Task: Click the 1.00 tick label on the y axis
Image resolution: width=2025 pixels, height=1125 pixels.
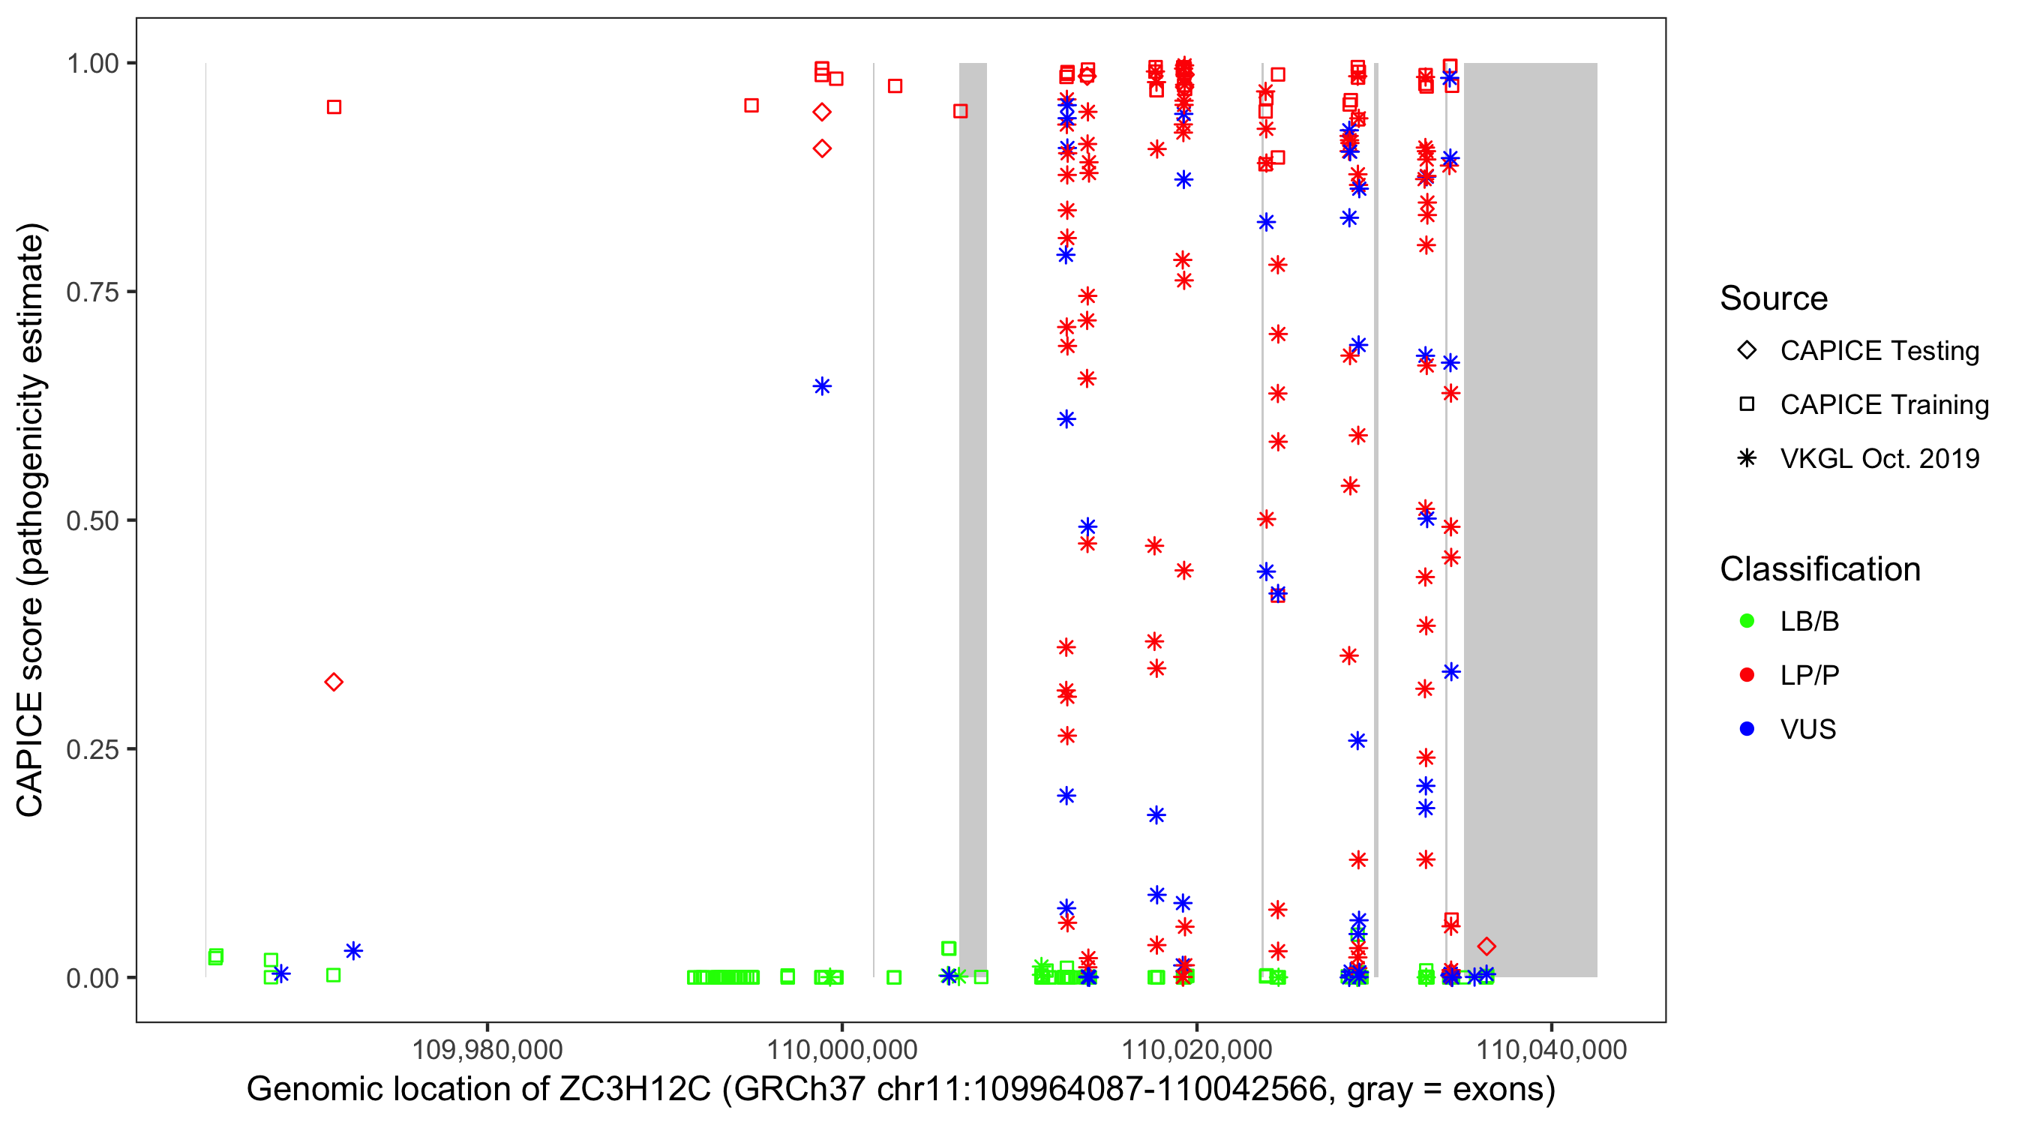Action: pyautogui.click(x=91, y=64)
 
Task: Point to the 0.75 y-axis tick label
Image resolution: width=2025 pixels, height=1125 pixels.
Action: pyautogui.click(x=91, y=292)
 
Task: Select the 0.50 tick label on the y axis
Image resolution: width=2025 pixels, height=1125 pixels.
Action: pyautogui.click(x=91, y=520)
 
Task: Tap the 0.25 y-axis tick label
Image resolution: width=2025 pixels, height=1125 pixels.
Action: pyautogui.click(x=91, y=749)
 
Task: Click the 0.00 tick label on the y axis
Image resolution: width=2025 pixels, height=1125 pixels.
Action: pyautogui.click(x=91, y=978)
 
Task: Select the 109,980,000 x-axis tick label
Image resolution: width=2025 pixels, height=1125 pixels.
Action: pyautogui.click(x=487, y=1049)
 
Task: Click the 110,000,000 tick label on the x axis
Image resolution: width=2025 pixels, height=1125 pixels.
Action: pyautogui.click(x=842, y=1049)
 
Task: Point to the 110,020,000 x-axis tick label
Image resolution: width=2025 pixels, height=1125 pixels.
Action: pyautogui.click(x=1196, y=1049)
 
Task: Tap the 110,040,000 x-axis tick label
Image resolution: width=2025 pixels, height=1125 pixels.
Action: pyautogui.click(x=1551, y=1049)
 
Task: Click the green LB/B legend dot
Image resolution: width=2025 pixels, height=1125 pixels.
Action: pyautogui.click(x=1747, y=621)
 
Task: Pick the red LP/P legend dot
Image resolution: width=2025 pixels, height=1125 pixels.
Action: pyautogui.click(x=1747, y=675)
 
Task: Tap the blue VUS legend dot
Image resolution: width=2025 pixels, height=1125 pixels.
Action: pyautogui.click(x=1747, y=730)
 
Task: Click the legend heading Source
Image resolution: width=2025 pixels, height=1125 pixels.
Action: pyautogui.click(x=1774, y=298)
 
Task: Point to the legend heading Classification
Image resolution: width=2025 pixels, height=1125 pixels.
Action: pyautogui.click(x=1819, y=569)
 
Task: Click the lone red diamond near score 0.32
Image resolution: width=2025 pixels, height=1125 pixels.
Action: pyautogui.click(x=333, y=682)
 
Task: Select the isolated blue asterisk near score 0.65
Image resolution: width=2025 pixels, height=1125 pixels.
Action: pyautogui.click(x=822, y=386)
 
